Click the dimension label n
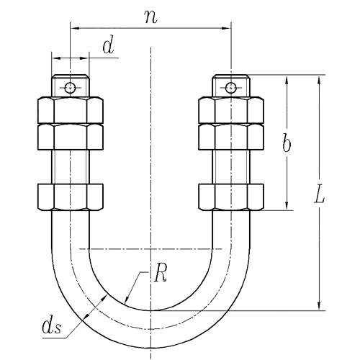point(151,17)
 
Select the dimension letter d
point(108,46)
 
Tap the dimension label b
point(287,143)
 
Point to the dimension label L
point(320,195)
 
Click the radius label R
point(161,274)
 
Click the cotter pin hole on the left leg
point(71,88)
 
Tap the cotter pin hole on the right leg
point(231,88)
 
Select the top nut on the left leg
point(71,110)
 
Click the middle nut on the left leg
point(71,137)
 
